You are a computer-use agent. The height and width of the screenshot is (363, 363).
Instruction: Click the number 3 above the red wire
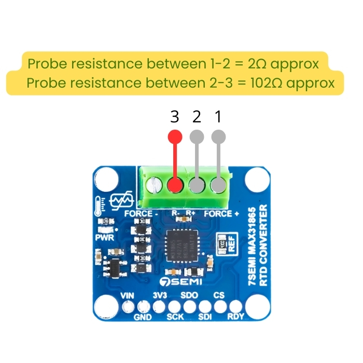(x=175, y=117)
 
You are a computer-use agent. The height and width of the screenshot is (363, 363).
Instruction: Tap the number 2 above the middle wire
(x=197, y=117)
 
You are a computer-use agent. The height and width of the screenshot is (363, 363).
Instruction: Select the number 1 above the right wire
(x=218, y=117)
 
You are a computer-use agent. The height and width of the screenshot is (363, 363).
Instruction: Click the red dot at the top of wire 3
(x=175, y=136)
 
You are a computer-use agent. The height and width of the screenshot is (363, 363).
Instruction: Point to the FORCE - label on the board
(x=138, y=213)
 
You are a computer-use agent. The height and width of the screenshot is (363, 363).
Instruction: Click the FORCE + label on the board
(x=222, y=213)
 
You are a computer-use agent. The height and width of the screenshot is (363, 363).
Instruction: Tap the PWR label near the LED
(x=104, y=238)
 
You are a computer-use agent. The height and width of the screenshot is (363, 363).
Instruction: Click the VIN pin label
(x=128, y=296)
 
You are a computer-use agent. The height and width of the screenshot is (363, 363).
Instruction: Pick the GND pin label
(x=143, y=317)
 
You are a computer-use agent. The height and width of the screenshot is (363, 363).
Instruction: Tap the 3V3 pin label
(x=160, y=296)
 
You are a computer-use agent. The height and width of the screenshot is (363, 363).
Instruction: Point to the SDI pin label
(x=205, y=317)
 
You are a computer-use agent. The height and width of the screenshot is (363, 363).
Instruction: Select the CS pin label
(x=219, y=296)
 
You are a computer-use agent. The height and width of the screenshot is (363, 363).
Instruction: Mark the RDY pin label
(x=236, y=317)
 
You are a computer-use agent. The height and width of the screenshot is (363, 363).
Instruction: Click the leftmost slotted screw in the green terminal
(x=153, y=184)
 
